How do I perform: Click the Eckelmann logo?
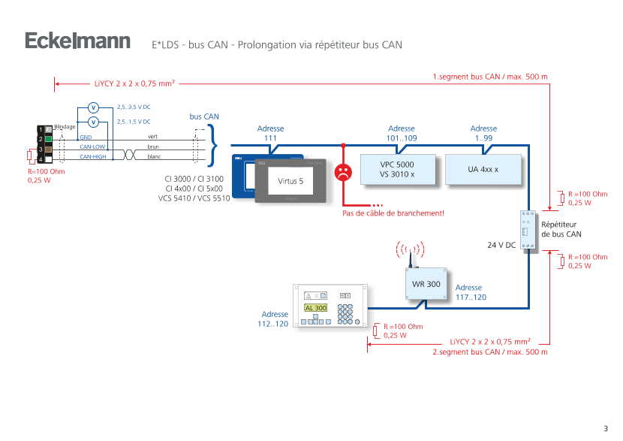[77, 41]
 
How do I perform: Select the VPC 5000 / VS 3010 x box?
[397, 169]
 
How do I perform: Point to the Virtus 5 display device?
[291, 182]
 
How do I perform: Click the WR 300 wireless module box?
[426, 285]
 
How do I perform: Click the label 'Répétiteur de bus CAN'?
[561, 229]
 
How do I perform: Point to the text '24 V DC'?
[501, 245]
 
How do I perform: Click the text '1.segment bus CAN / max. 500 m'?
[490, 77]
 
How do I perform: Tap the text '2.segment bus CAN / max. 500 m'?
[490, 352]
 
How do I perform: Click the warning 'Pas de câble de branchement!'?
[393, 213]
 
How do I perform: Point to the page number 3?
[605, 427]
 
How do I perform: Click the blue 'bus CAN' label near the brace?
[204, 117]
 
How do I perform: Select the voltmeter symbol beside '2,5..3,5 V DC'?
[93, 107]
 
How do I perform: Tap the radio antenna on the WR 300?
[411, 255]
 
